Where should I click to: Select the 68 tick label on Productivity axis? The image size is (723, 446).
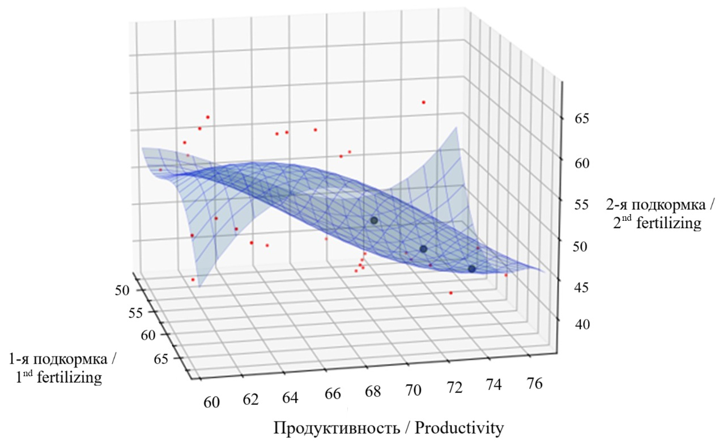[372, 391]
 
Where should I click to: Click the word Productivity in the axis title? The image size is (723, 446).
[459, 428]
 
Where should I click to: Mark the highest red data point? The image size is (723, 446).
[423, 102]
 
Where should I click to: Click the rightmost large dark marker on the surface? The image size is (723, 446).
[472, 269]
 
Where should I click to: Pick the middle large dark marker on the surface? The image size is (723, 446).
[423, 249]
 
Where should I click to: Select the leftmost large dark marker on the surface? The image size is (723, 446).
[374, 220]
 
